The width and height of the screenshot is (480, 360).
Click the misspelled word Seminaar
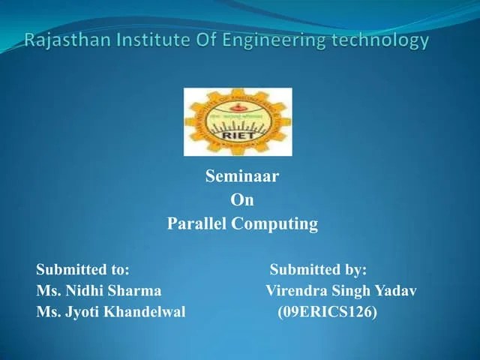point(241,177)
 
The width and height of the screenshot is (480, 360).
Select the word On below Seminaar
point(241,200)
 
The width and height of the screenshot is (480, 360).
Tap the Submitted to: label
point(83,269)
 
